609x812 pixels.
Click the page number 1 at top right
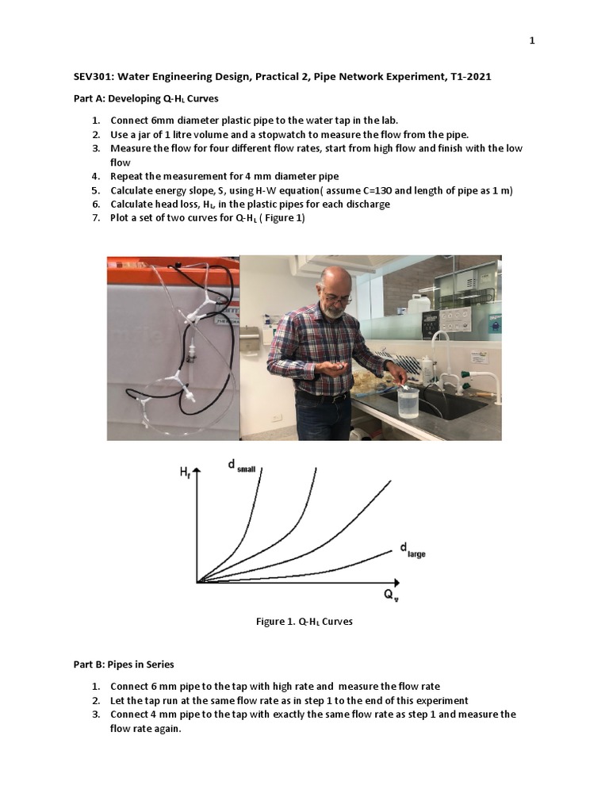(x=533, y=41)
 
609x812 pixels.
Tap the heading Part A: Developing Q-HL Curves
(x=146, y=99)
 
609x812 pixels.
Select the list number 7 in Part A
(x=95, y=218)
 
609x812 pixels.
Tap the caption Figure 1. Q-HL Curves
(x=304, y=622)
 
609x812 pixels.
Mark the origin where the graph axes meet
(x=197, y=582)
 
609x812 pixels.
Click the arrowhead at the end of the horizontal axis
(x=393, y=582)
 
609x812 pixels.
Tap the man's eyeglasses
(x=336, y=299)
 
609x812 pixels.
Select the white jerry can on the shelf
(x=419, y=303)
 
